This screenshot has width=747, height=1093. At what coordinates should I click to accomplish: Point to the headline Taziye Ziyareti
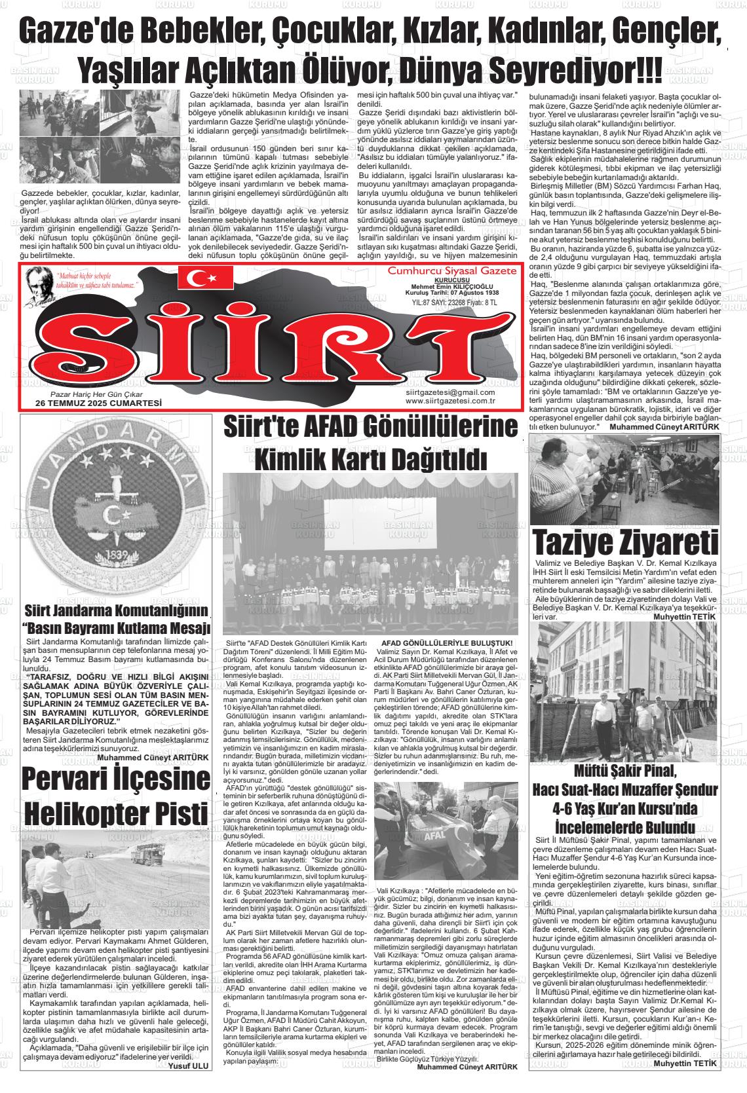click(x=626, y=544)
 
